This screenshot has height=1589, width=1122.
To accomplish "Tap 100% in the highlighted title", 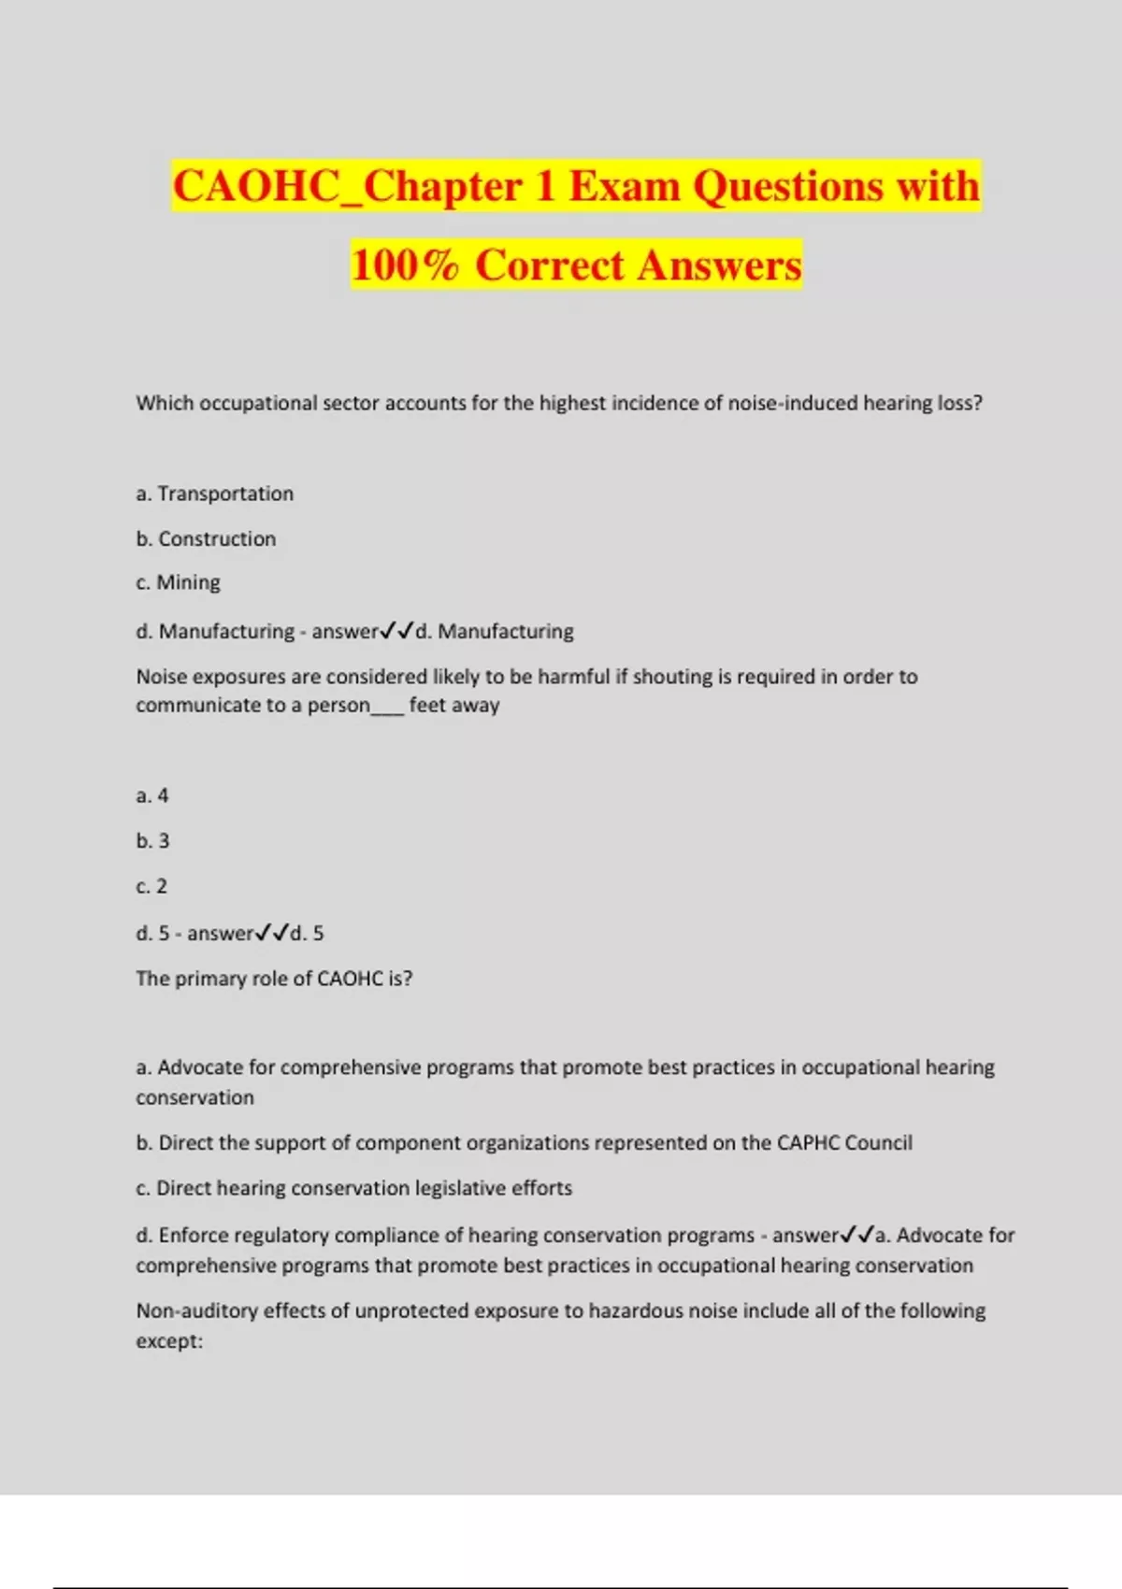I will pyautogui.click(x=405, y=265).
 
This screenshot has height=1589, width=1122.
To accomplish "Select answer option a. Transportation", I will pyautogui.click(x=214, y=494).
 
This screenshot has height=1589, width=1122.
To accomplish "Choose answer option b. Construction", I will pyautogui.click(x=206, y=538).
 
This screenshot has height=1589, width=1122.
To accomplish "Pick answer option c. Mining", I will pyautogui.click(x=178, y=582).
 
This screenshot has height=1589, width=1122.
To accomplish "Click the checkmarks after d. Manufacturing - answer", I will pyautogui.click(x=396, y=631).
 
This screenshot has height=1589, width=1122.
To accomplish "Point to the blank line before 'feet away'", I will pyautogui.click(x=387, y=706).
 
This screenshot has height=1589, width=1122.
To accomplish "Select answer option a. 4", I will pyautogui.click(x=151, y=795).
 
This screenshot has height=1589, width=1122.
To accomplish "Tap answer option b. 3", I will pyautogui.click(x=152, y=840).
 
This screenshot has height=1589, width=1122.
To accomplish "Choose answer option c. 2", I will pyautogui.click(x=151, y=886).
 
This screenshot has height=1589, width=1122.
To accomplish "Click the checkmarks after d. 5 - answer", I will pyautogui.click(x=271, y=933).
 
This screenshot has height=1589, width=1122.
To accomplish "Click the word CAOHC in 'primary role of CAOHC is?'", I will pyautogui.click(x=350, y=979).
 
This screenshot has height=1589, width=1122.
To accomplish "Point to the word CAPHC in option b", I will pyautogui.click(x=808, y=1142).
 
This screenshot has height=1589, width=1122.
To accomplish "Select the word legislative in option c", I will pyautogui.click(x=459, y=1188).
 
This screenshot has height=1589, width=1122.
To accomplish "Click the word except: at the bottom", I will pyautogui.click(x=169, y=1341).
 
